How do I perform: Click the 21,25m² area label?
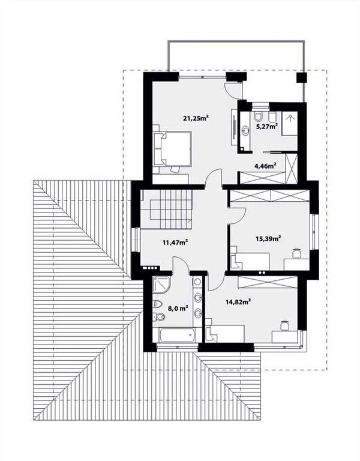(x=196, y=118)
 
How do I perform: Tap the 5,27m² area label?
(x=267, y=127)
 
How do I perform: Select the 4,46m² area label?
(x=265, y=166)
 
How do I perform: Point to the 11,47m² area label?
(x=175, y=243)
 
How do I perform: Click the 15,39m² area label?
(x=269, y=238)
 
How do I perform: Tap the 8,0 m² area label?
(x=178, y=308)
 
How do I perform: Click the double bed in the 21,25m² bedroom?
(x=172, y=148)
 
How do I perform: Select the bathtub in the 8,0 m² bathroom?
(x=178, y=335)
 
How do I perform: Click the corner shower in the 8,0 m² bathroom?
(x=161, y=285)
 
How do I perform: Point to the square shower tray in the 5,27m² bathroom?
(x=290, y=123)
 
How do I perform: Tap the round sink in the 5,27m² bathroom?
(x=245, y=130)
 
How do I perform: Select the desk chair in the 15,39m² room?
(x=297, y=253)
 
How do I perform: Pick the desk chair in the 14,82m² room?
(x=284, y=325)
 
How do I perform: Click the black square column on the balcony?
(x=301, y=78)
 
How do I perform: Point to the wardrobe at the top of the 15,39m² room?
(x=269, y=196)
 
